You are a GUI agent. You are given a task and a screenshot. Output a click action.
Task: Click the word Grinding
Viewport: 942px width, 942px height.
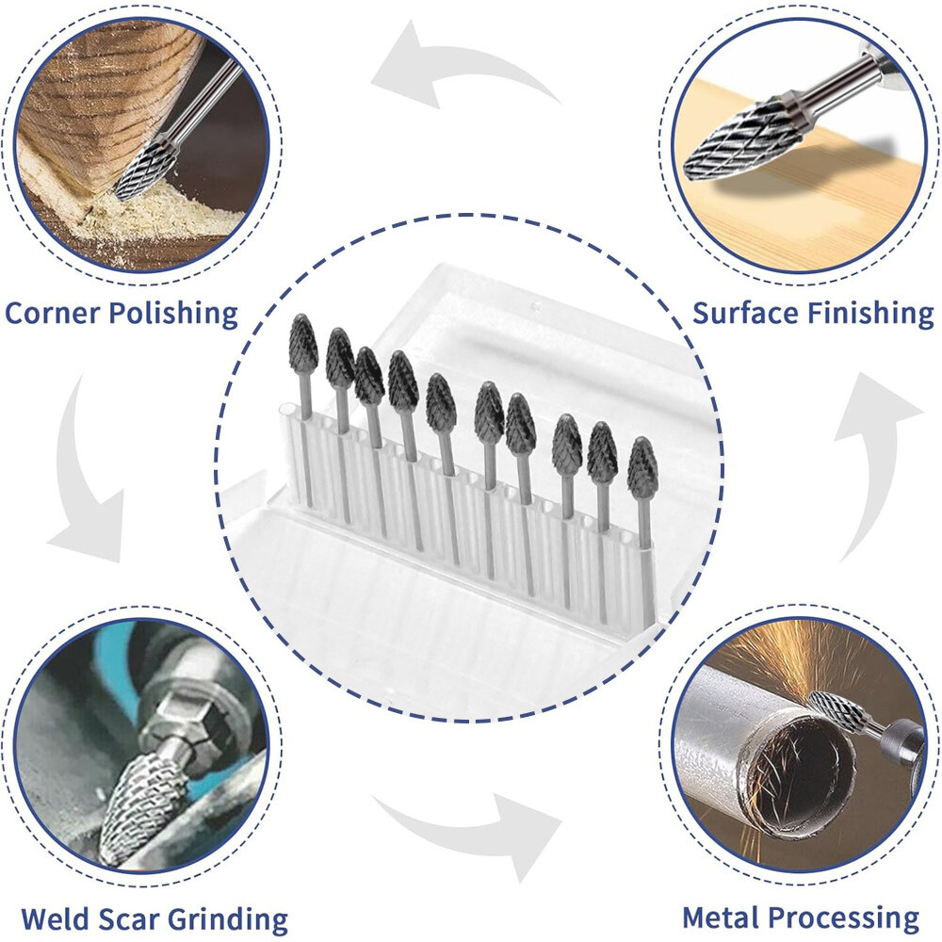232,918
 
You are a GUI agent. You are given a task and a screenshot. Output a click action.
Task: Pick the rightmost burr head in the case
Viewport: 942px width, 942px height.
642,468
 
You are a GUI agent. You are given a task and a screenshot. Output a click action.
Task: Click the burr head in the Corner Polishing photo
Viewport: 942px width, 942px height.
147,169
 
